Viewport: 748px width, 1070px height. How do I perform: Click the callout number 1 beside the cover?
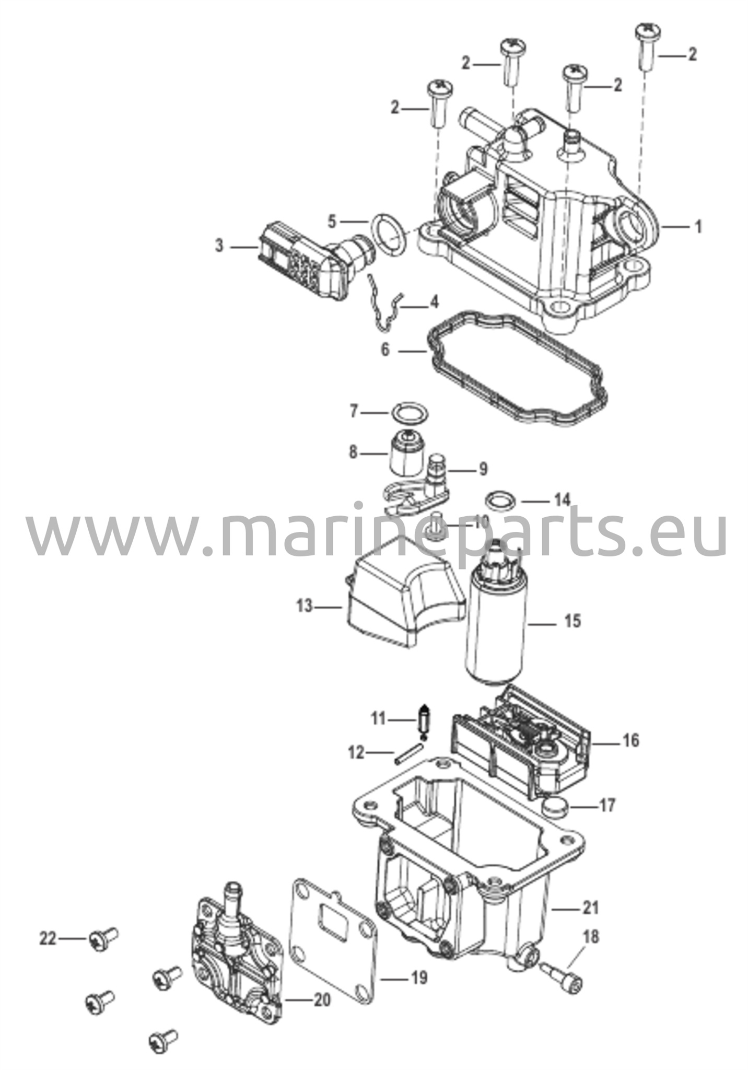click(x=698, y=227)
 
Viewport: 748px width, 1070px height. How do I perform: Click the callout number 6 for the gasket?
click(x=385, y=350)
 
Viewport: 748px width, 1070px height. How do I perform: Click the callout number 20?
click(x=322, y=1000)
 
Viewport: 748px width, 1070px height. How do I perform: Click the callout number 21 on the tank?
click(x=590, y=908)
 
